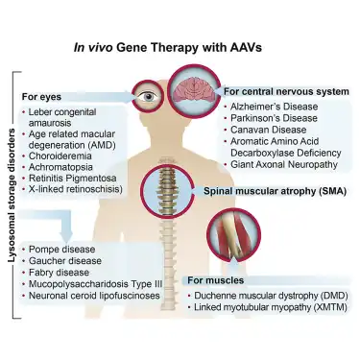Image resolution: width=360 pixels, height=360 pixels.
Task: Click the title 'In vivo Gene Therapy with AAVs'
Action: tap(180, 45)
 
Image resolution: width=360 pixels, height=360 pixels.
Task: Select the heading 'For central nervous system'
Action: tap(286, 90)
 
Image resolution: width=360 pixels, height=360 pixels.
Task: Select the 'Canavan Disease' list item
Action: tap(266, 130)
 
